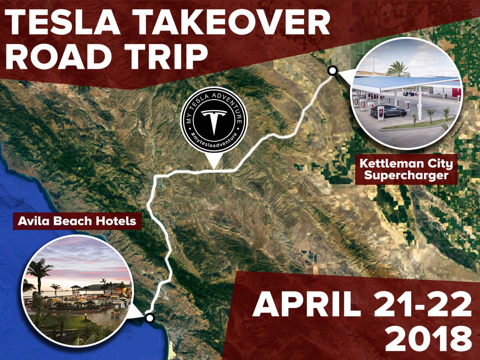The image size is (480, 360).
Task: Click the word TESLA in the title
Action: (63, 22)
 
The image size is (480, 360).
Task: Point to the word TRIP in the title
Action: (166, 56)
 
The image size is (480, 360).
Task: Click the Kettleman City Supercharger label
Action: (406, 169)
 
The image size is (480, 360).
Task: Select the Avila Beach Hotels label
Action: (77, 221)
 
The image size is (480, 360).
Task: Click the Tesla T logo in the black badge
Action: (214, 122)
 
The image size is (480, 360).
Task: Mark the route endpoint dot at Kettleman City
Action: (332, 71)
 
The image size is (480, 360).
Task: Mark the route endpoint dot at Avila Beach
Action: (150, 318)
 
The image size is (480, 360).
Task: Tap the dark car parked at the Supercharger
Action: (388, 112)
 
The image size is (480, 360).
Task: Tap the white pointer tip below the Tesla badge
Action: (214, 169)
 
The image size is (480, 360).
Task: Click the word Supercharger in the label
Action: (406, 176)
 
